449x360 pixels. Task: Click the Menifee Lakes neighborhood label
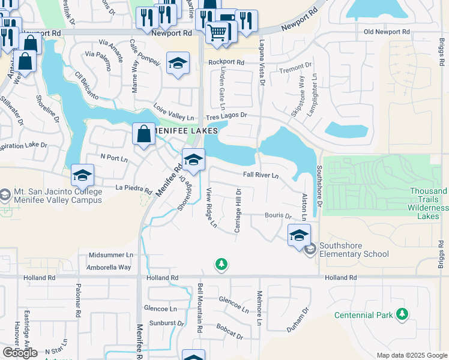point(184,130)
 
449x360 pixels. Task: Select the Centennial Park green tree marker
point(402,314)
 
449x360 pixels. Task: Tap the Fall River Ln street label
point(261,175)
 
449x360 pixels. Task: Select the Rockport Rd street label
point(226,62)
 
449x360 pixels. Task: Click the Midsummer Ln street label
point(110,255)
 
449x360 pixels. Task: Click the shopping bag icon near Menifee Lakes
point(144,134)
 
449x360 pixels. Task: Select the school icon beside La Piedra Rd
point(83,175)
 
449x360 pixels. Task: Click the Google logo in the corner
point(19,352)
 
